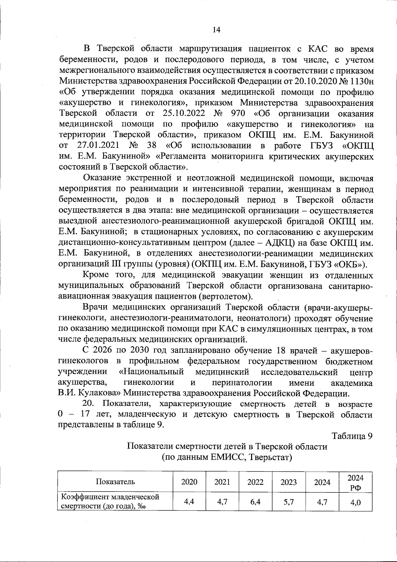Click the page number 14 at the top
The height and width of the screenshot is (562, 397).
[216, 30]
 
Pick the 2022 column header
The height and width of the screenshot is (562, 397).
[255, 482]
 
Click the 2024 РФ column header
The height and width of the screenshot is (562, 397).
[356, 482]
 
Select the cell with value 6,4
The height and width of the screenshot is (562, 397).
[255, 502]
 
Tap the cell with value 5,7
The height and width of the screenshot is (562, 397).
[288, 502]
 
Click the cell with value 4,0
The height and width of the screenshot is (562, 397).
[356, 502]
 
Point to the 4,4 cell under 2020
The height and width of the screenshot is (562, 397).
[189, 502]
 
